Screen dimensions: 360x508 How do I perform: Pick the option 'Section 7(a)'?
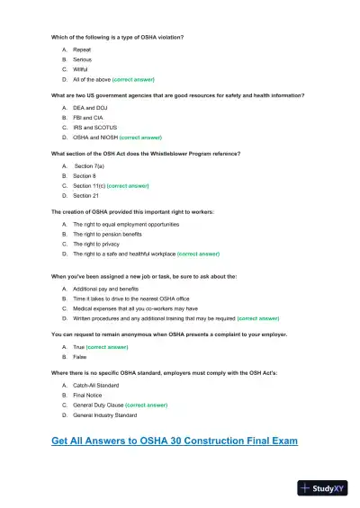pyautogui.click(x=91, y=166)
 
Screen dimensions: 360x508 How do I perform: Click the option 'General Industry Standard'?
pyautogui.click(x=105, y=415)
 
